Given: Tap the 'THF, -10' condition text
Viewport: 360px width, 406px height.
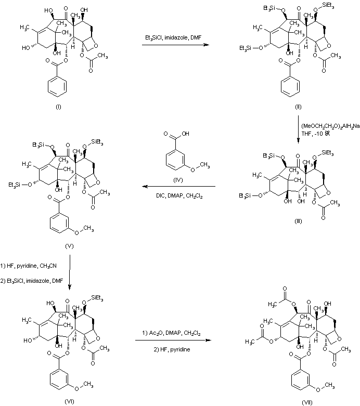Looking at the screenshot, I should [x=314, y=133].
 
